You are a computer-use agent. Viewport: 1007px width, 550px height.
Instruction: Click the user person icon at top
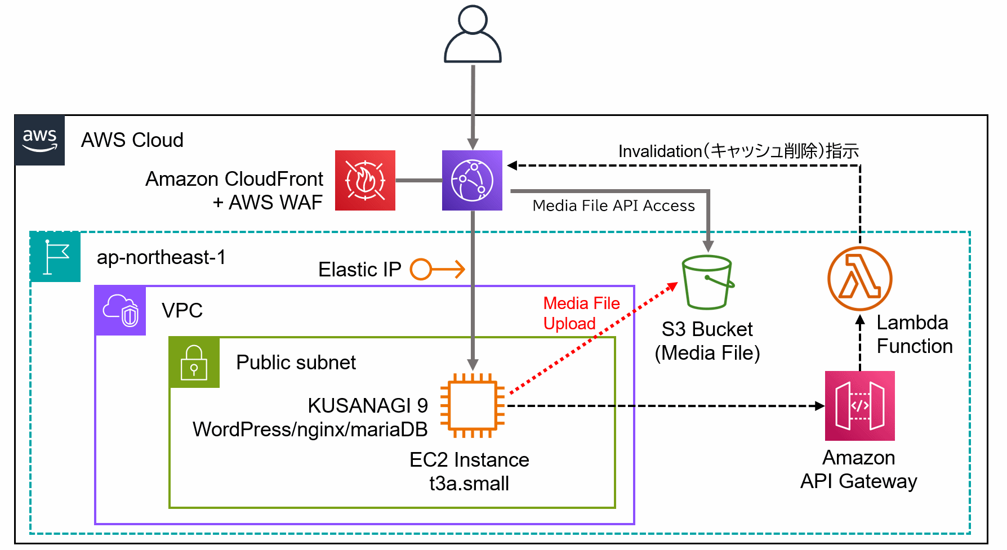coord(473,34)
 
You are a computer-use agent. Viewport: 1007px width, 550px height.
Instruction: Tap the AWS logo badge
coord(40,140)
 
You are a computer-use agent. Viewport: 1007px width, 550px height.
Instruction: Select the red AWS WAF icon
coord(365,181)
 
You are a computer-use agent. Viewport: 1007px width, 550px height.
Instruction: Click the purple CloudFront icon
coord(472,181)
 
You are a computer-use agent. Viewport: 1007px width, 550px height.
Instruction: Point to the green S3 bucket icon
coord(707,282)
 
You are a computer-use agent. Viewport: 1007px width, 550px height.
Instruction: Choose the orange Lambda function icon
coord(859,278)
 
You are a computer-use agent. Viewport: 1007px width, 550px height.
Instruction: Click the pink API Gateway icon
coord(859,405)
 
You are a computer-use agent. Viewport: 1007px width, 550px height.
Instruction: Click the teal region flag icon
coord(55,257)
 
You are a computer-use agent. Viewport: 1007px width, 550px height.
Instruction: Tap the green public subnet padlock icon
coord(194,363)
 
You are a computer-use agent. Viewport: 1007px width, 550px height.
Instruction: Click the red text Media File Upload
coord(581,314)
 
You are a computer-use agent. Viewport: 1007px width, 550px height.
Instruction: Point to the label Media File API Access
coord(613,206)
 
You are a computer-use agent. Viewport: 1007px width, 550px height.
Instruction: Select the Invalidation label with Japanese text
coord(738,151)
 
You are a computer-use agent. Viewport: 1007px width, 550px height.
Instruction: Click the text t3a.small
coord(469,484)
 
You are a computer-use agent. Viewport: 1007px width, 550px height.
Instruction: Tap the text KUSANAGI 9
coord(367,405)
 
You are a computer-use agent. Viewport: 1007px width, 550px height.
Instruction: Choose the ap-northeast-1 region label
coord(161,257)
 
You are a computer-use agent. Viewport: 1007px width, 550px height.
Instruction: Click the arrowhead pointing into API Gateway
coord(819,405)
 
